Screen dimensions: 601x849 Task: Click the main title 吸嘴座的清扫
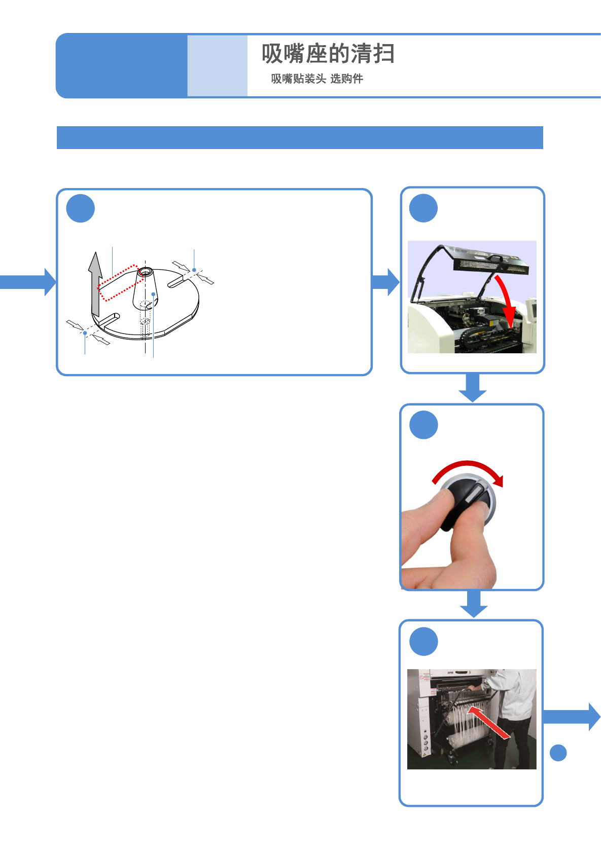[328, 54]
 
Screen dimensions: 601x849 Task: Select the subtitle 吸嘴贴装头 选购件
[317, 79]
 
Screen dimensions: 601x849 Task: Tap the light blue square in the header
[217, 65]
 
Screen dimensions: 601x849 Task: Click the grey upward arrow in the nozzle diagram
[95, 284]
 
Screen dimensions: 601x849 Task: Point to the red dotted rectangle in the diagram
[118, 282]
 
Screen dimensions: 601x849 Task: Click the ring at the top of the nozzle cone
[145, 272]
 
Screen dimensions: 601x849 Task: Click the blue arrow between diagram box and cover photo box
[386, 282]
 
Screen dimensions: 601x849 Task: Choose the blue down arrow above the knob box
[472, 388]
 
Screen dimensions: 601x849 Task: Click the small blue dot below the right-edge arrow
[558, 753]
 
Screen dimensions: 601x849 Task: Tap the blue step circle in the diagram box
[81, 208]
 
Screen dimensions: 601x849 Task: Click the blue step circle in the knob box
[423, 425]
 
